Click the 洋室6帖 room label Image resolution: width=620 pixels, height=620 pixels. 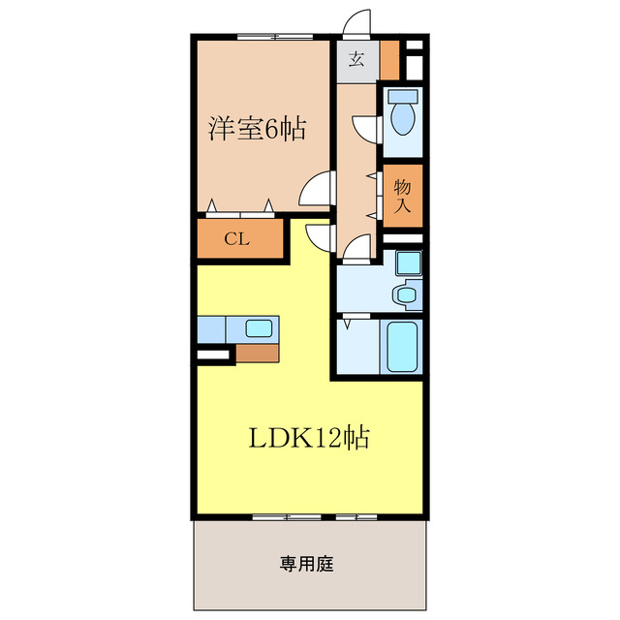pyautogui.click(x=257, y=128)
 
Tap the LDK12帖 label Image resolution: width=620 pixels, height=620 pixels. pyautogui.click(x=309, y=438)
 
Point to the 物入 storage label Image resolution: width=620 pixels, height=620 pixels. pyautogui.click(x=403, y=197)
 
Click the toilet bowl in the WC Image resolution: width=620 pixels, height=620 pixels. pyautogui.click(x=402, y=116)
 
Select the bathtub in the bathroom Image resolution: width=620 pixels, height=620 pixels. pyautogui.click(x=403, y=347)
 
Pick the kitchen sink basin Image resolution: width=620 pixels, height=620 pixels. pyautogui.click(x=259, y=328)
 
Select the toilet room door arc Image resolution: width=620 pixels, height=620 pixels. pyautogui.click(x=366, y=129)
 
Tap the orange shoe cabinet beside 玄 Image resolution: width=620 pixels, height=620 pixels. pyautogui.click(x=389, y=60)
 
